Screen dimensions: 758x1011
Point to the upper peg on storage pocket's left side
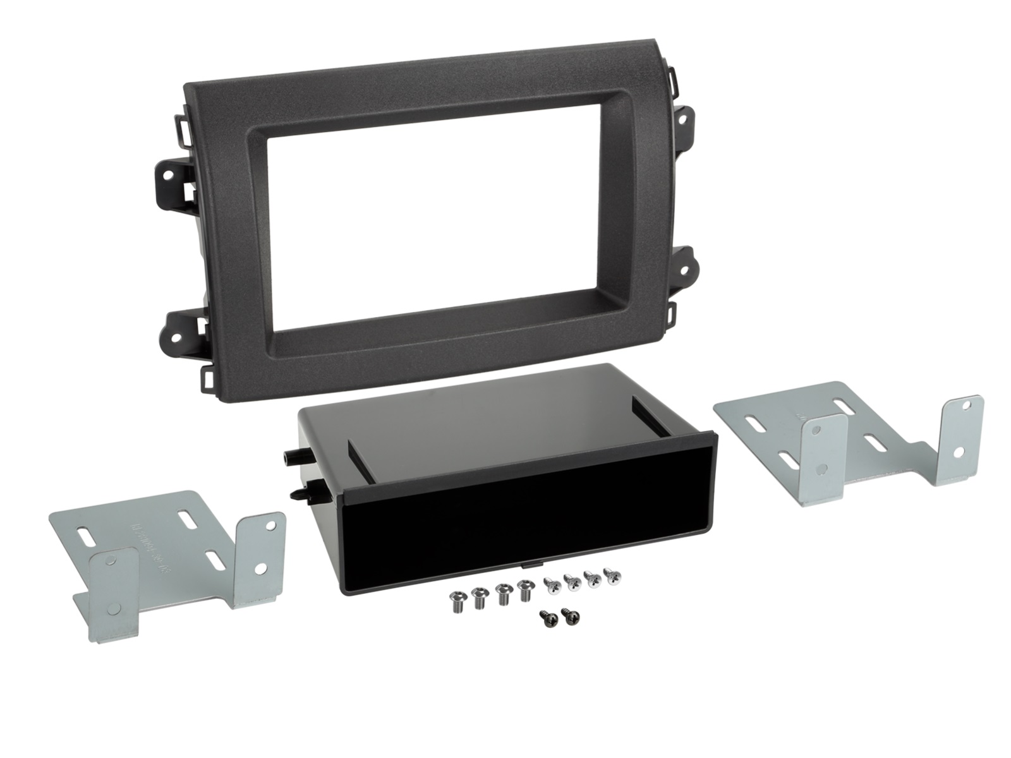(289, 455)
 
